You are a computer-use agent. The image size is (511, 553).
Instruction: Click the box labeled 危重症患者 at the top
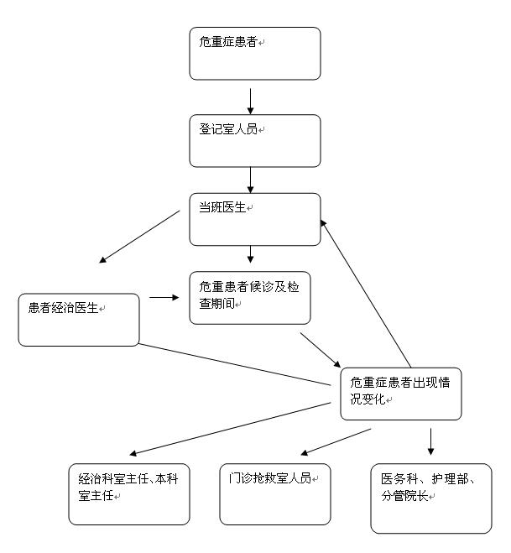(x=255, y=54)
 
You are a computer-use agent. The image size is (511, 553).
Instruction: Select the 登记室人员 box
(x=255, y=141)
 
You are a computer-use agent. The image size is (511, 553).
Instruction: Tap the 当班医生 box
(x=255, y=219)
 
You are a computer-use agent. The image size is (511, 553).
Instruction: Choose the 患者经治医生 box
(x=79, y=319)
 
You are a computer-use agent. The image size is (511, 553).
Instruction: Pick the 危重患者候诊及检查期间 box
(x=250, y=296)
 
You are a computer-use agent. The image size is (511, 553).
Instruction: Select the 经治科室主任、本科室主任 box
(x=129, y=494)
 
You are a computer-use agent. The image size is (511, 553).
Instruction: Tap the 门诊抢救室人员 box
(x=275, y=494)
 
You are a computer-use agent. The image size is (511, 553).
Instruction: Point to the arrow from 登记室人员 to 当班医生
(x=250, y=180)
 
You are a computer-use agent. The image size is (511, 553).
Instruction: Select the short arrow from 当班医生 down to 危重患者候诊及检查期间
(x=250, y=254)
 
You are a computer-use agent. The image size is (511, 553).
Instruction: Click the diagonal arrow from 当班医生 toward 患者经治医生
(x=140, y=236)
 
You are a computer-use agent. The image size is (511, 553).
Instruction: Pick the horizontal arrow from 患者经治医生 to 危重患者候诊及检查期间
(x=164, y=297)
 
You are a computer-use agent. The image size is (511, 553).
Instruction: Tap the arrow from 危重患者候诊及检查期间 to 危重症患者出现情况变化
(x=320, y=351)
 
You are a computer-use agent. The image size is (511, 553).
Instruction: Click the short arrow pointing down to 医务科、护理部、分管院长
(x=430, y=441)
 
